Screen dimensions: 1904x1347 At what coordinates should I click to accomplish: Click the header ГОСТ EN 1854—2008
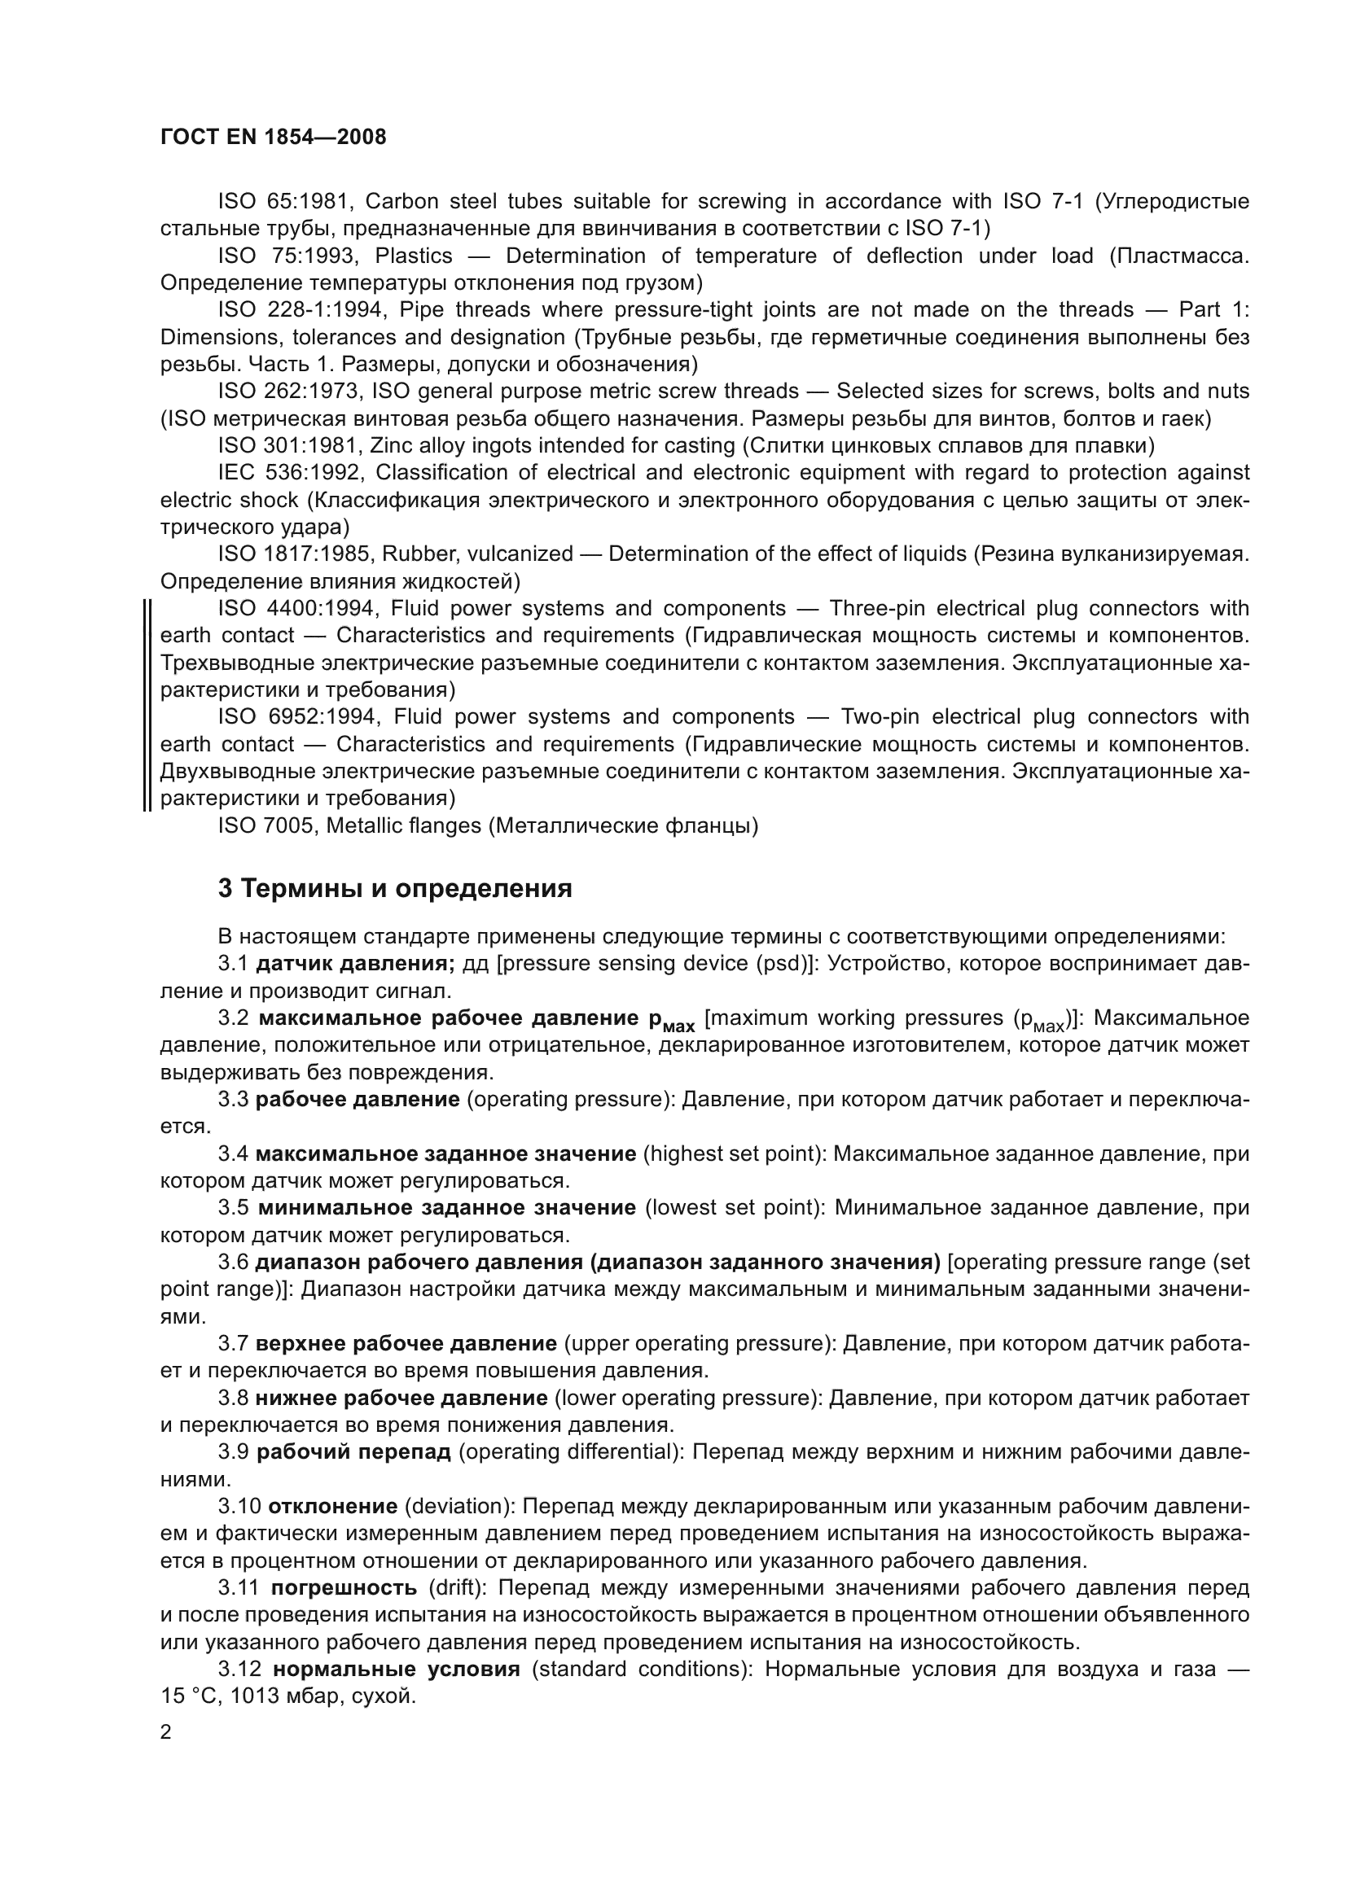[x=273, y=138]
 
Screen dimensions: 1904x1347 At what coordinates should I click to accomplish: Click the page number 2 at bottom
[x=166, y=1732]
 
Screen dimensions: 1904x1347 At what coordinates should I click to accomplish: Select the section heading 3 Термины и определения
[x=395, y=889]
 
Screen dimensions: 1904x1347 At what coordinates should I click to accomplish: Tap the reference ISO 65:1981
[x=287, y=202]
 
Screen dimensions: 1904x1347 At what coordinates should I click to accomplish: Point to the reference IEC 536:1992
[x=290, y=473]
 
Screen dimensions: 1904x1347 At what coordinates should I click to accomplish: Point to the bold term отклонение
[x=332, y=1507]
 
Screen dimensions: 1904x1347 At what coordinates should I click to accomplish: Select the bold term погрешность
[x=344, y=1588]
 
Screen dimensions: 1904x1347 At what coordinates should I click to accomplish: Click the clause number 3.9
[x=233, y=1452]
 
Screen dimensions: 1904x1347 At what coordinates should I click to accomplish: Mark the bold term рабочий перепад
[x=353, y=1452]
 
